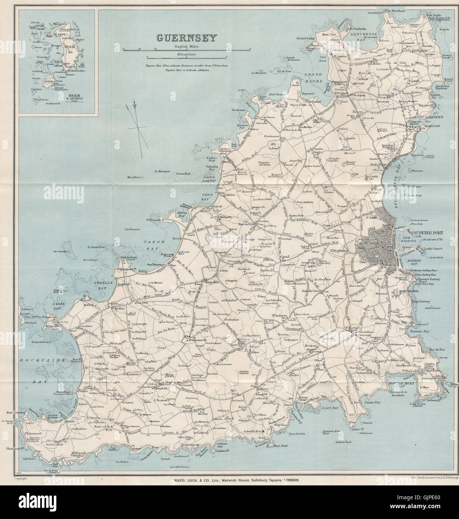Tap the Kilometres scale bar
click(187, 57)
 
